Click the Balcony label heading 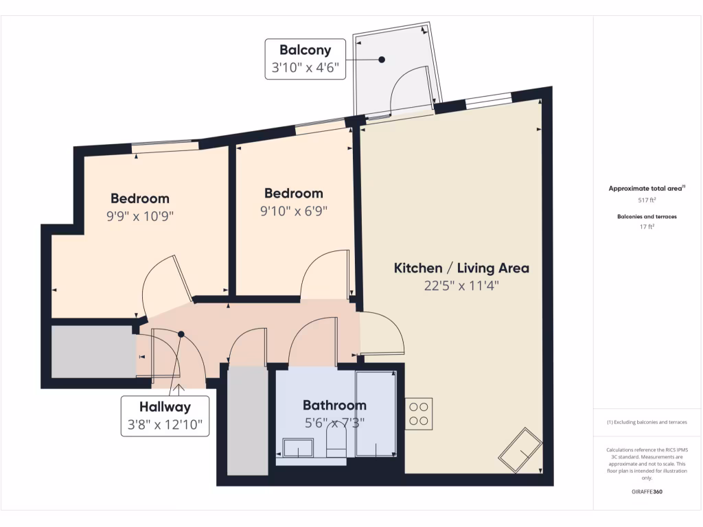[305, 50]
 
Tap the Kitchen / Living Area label [461, 268]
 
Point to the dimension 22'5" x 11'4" [461, 285]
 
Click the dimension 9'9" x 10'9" [139, 215]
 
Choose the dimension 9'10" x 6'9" [293, 211]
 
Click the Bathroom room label [334, 405]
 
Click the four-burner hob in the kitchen [418, 413]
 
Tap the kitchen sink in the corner [519, 449]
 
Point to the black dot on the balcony [382, 60]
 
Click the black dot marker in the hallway [181, 334]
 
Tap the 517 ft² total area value [647, 200]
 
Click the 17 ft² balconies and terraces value [647, 227]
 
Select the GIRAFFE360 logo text [647, 492]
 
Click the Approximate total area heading [647, 188]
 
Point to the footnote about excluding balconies [647, 422]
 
